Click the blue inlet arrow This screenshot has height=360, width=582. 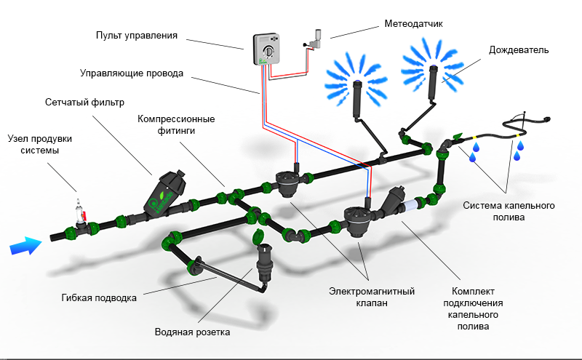23,247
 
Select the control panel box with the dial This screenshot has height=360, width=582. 267,52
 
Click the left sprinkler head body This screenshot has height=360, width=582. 357,100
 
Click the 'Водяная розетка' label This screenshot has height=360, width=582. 192,332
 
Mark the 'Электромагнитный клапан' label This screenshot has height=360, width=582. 371,297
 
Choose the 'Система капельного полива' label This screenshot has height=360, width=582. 509,211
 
